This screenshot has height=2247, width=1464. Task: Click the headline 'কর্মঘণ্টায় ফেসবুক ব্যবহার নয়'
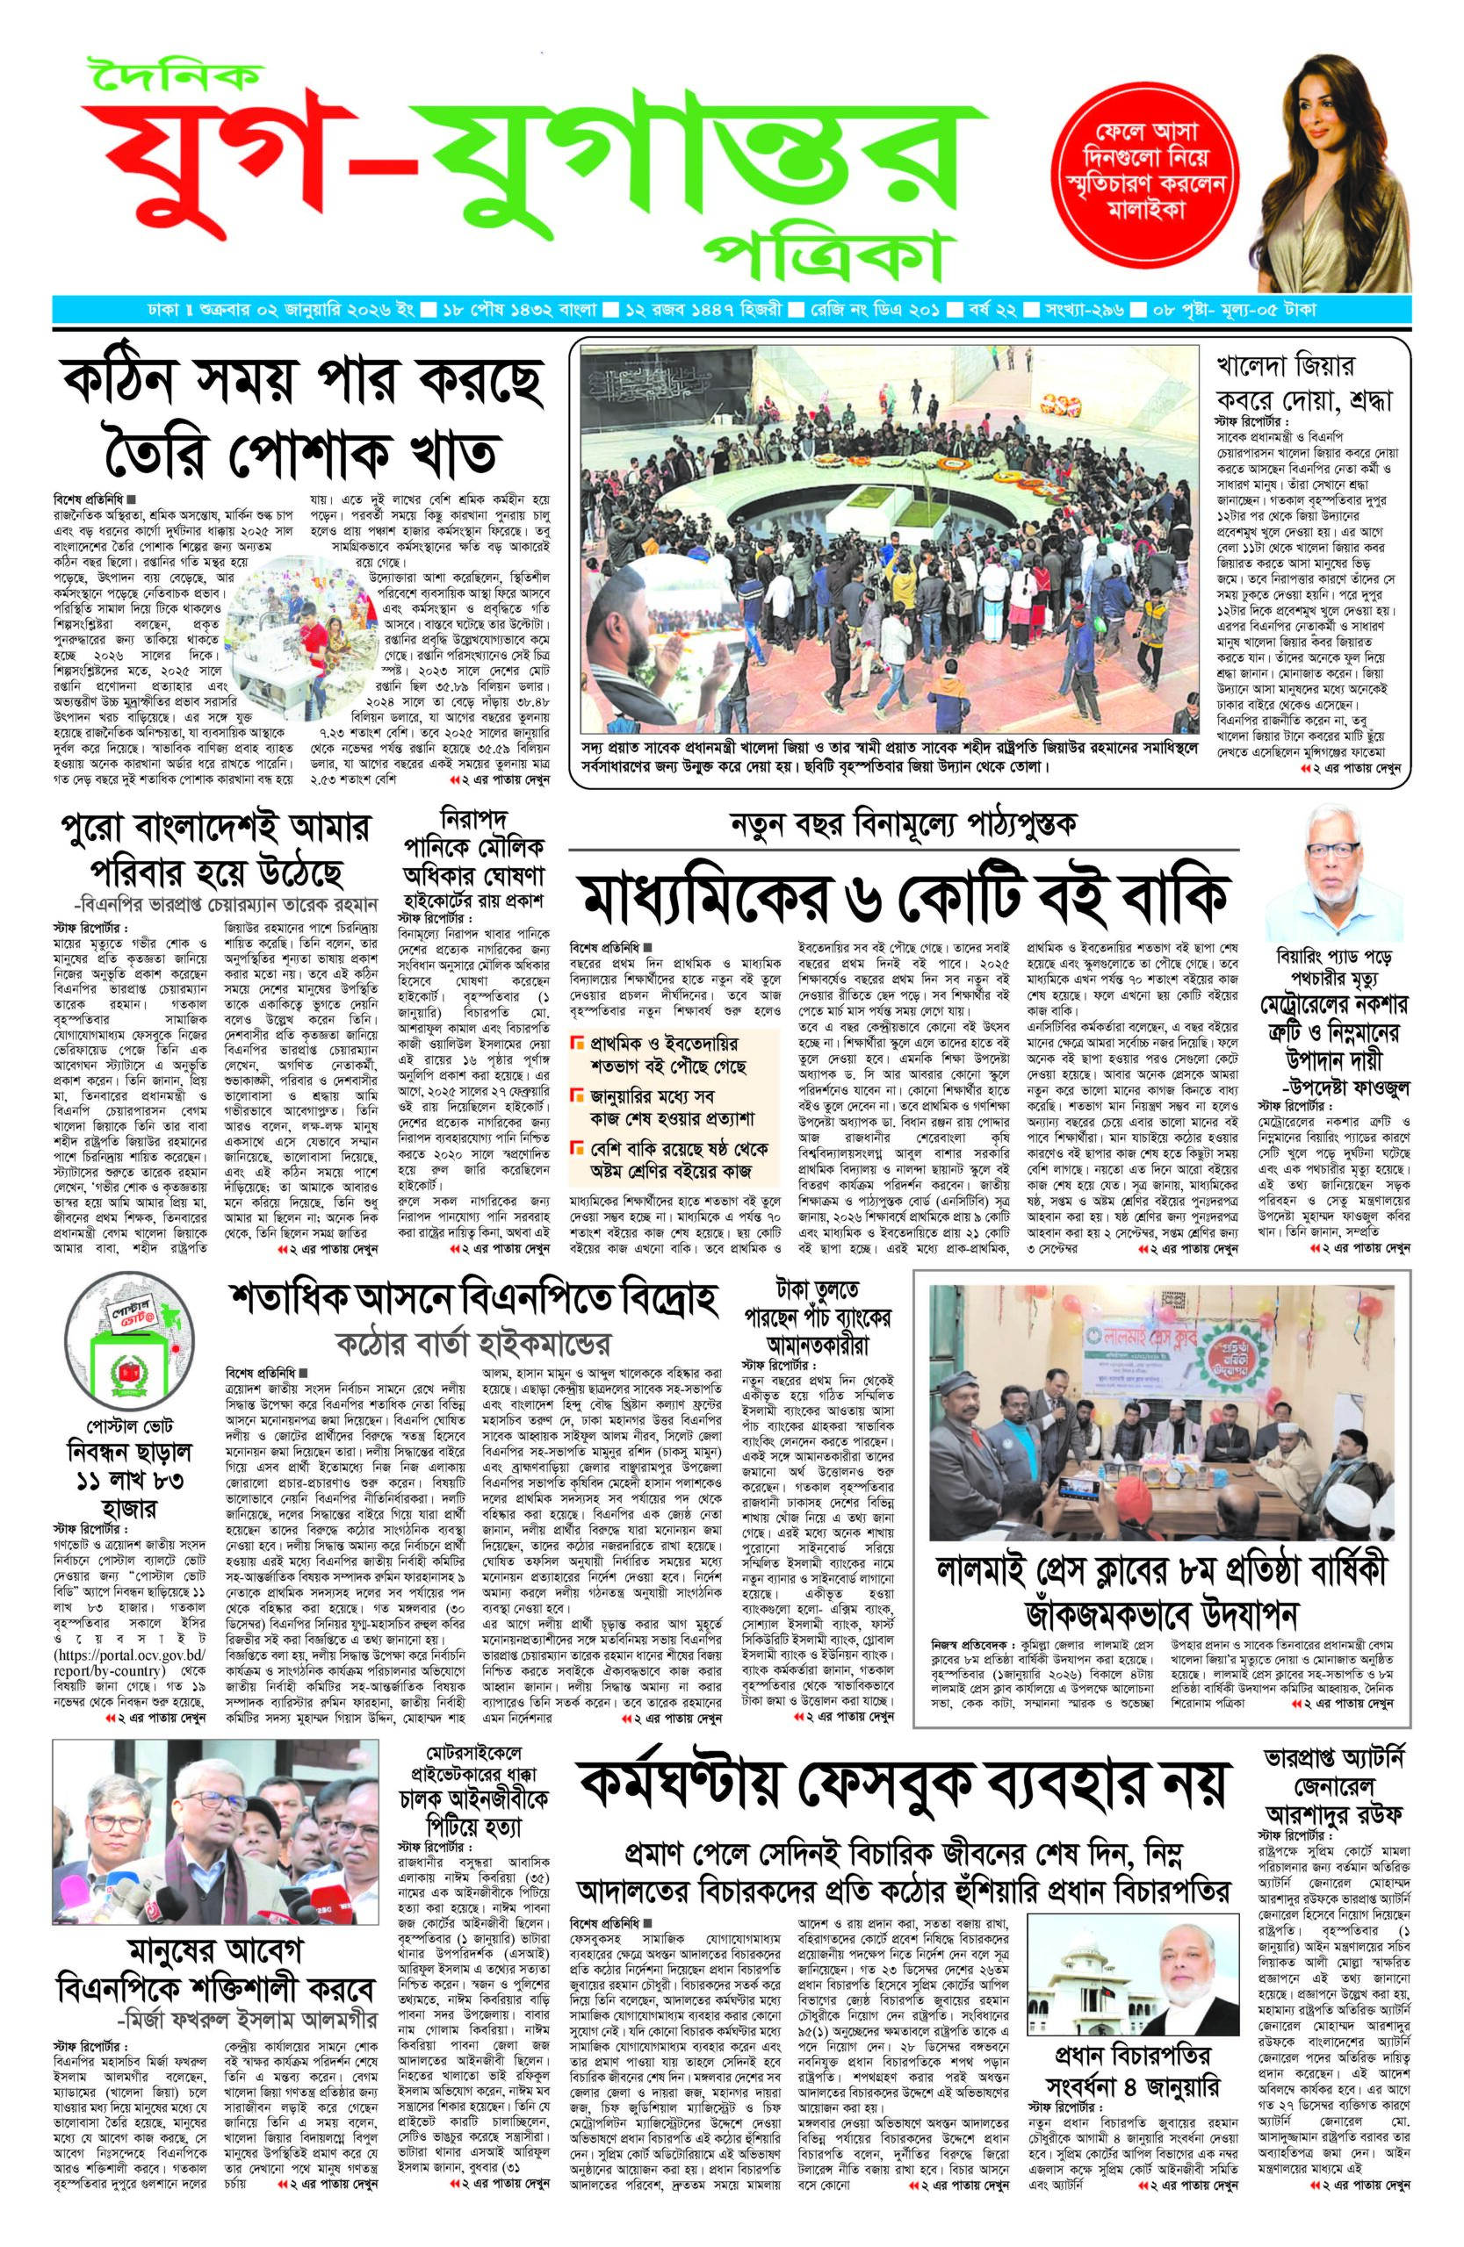(x=901, y=1782)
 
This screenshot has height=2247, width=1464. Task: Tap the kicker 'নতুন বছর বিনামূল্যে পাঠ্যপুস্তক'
(x=903, y=822)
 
